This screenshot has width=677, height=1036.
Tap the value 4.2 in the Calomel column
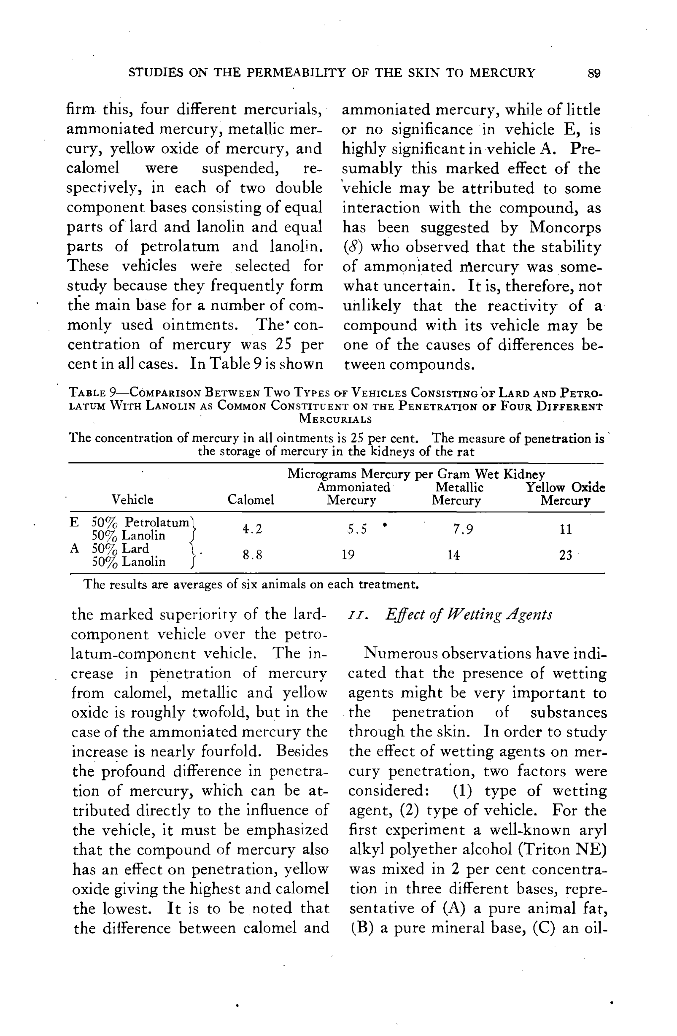253,529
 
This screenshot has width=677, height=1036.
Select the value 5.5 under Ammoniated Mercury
357,529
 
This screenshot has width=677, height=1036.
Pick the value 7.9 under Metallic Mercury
463,529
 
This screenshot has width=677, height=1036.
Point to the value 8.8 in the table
253,555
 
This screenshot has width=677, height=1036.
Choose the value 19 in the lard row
348,555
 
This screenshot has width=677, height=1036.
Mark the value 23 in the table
565,555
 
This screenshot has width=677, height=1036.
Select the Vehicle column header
132,499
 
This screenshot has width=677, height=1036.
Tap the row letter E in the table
74,522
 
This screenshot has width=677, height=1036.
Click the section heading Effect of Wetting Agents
469,615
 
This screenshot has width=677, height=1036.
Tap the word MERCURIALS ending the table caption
335,419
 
